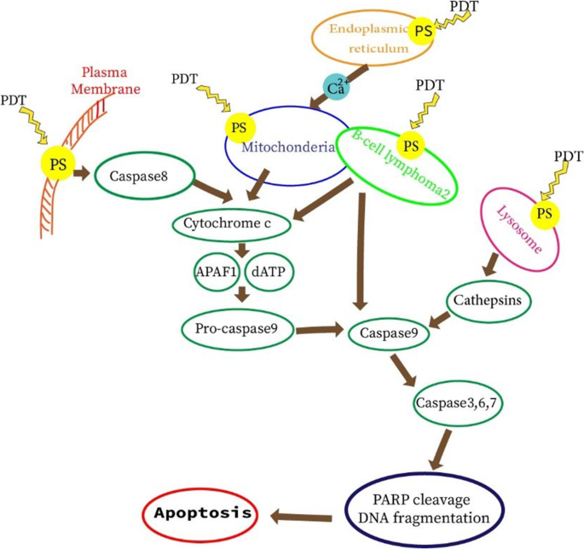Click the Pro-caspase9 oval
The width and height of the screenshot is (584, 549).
point(236,327)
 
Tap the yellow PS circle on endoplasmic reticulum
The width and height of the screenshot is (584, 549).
point(422,32)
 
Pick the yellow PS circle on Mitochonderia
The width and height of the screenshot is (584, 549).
point(240,128)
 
